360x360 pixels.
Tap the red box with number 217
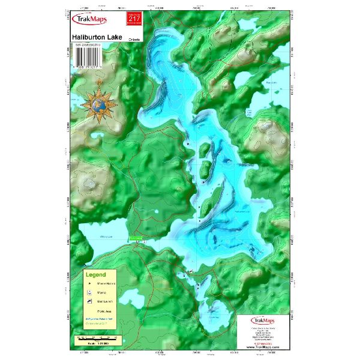point(131,21)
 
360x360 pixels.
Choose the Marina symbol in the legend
point(89,292)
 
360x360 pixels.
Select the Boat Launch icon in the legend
point(89,301)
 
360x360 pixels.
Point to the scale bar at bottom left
point(96,339)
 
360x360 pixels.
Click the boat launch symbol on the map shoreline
point(191,272)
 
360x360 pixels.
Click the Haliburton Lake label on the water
point(241,211)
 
